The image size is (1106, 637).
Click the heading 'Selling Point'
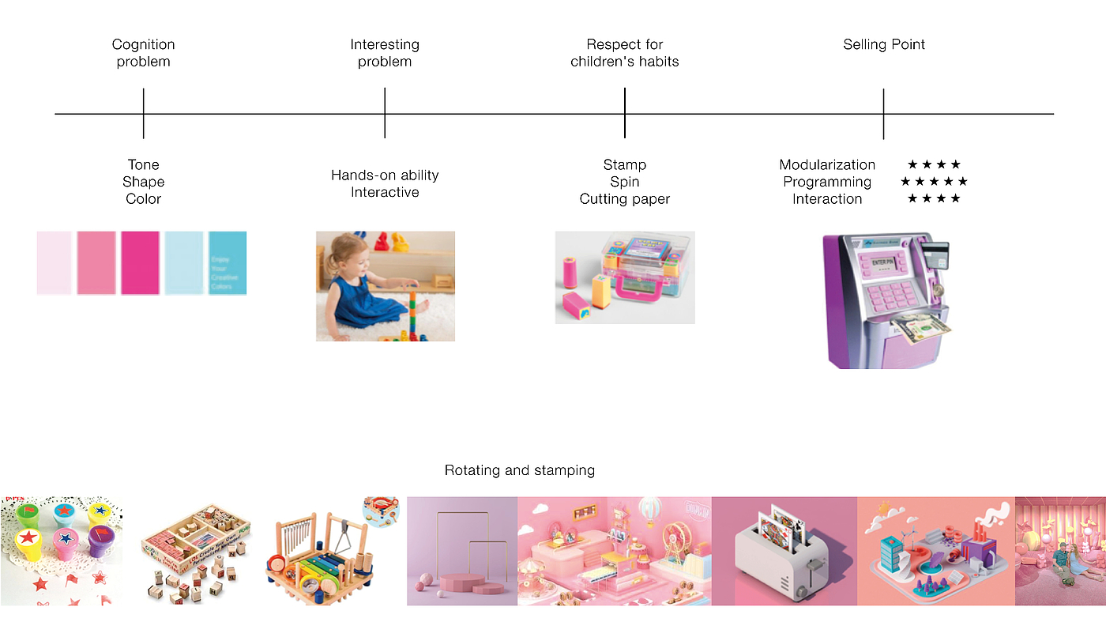pos(883,44)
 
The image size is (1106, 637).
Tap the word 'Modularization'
pos(827,164)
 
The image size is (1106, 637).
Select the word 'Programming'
pos(827,182)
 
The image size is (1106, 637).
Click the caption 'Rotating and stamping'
pos(519,470)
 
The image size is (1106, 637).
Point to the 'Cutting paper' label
pos(624,199)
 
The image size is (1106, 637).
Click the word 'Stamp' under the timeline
pos(624,164)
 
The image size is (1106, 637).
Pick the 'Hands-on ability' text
pos(385,175)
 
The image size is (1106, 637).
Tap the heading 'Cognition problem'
pos(143,53)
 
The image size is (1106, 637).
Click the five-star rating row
pos(933,182)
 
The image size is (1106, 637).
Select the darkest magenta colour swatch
pos(140,263)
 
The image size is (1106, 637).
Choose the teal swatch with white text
pos(228,263)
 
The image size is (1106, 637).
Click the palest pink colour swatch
pos(55,263)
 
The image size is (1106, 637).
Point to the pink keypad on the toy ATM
pos(889,296)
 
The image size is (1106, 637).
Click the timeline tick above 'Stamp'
pos(624,113)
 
